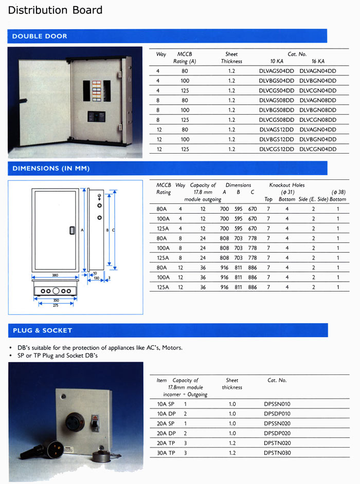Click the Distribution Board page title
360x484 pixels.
pyautogui.click(x=56, y=10)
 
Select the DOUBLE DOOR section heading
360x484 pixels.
pyautogui.click(x=40, y=36)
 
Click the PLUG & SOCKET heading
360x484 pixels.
pyautogui.click(x=42, y=330)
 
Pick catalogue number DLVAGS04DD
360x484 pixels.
pyautogui.click(x=276, y=71)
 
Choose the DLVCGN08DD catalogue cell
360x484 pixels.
pyautogui.click(x=317, y=120)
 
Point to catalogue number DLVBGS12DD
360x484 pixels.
pyautogui.click(x=276, y=139)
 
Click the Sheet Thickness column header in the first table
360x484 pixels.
pyautogui.click(x=231, y=58)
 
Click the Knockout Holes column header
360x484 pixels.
pyautogui.click(x=286, y=185)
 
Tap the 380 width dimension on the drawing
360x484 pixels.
pyautogui.click(x=55, y=275)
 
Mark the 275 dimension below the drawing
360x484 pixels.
pyautogui.click(x=55, y=305)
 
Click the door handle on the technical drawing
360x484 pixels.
pyautogui.click(x=72, y=231)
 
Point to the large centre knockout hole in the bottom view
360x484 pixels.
pyautogui.click(x=56, y=291)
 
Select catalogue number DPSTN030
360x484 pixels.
pyautogui.click(x=277, y=453)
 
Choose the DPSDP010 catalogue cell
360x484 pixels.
pyautogui.click(x=277, y=414)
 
